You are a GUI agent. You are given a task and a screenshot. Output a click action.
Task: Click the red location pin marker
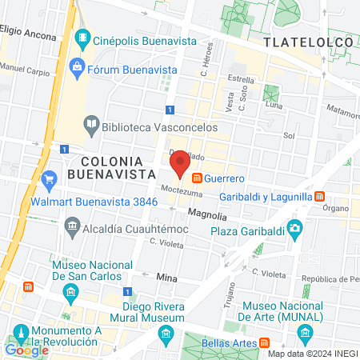(180, 162)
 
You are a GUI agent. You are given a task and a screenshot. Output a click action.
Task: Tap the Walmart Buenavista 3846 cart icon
(50, 178)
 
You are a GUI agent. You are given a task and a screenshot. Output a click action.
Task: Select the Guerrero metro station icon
(196, 178)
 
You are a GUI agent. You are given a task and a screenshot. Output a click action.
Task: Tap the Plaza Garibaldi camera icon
(295, 230)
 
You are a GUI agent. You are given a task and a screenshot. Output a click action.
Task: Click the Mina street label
(166, 276)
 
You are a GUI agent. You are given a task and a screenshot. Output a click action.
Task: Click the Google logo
(26, 350)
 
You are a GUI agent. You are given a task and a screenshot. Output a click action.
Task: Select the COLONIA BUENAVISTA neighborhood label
(111, 166)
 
